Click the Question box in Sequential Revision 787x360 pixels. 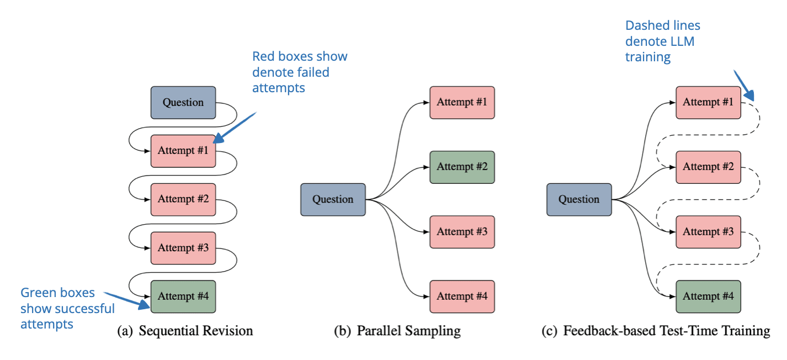coord(183,103)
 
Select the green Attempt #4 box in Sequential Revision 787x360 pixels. coord(183,297)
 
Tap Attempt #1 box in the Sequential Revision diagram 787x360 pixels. coord(183,151)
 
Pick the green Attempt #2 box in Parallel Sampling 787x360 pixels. coord(462,167)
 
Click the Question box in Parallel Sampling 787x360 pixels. coord(333,199)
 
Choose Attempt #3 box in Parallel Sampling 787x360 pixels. coord(462,232)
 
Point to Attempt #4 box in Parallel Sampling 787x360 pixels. coord(462,297)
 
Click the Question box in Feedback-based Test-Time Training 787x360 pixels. coord(579,199)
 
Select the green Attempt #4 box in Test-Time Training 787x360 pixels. coord(708,297)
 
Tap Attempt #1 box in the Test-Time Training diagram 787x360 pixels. coord(708,103)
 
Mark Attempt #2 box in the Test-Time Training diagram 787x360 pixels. coord(708,167)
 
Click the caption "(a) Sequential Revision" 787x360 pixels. coord(185,331)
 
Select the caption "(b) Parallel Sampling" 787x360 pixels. coord(397,331)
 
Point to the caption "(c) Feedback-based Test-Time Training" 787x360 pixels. coord(656,331)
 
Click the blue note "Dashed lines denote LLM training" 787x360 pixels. coord(663,41)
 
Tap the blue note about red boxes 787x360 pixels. coord(300,72)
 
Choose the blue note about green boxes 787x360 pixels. coord(67,308)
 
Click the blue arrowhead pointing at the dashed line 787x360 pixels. coord(749,96)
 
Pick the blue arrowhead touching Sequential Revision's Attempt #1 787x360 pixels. coord(219,138)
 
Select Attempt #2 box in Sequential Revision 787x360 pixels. coord(183,199)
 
